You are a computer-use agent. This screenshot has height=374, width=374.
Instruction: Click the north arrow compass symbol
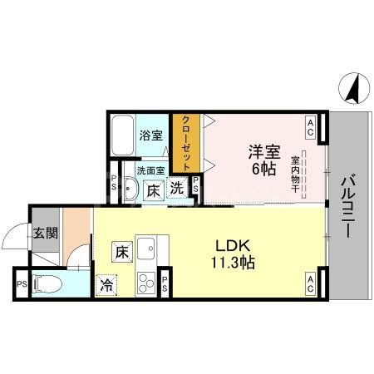[x=353, y=86]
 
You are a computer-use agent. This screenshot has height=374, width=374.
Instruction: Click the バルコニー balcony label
[x=349, y=205]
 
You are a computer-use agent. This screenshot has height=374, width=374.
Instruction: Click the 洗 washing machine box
[x=177, y=188]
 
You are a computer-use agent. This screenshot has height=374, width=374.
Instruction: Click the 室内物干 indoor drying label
[x=296, y=174]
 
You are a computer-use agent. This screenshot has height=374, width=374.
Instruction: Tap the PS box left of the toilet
[x=21, y=283]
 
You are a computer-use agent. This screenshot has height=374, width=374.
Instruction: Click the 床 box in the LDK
[x=121, y=249]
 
